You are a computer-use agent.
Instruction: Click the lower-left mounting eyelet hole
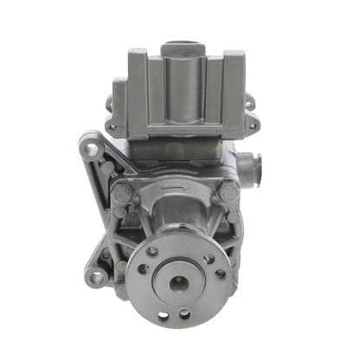point(98,277)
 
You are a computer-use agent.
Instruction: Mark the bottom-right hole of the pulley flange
point(184,313)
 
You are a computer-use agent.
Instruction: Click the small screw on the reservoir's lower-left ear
point(112,126)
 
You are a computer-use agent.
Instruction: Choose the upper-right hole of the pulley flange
point(208,258)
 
